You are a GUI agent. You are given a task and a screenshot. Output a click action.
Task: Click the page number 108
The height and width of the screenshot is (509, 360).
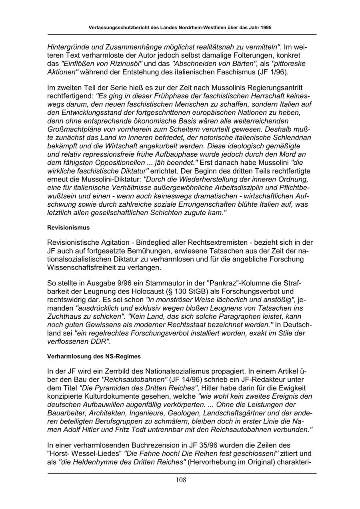[181, 480]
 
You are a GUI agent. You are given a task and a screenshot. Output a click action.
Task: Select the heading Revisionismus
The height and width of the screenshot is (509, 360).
[68, 228]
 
